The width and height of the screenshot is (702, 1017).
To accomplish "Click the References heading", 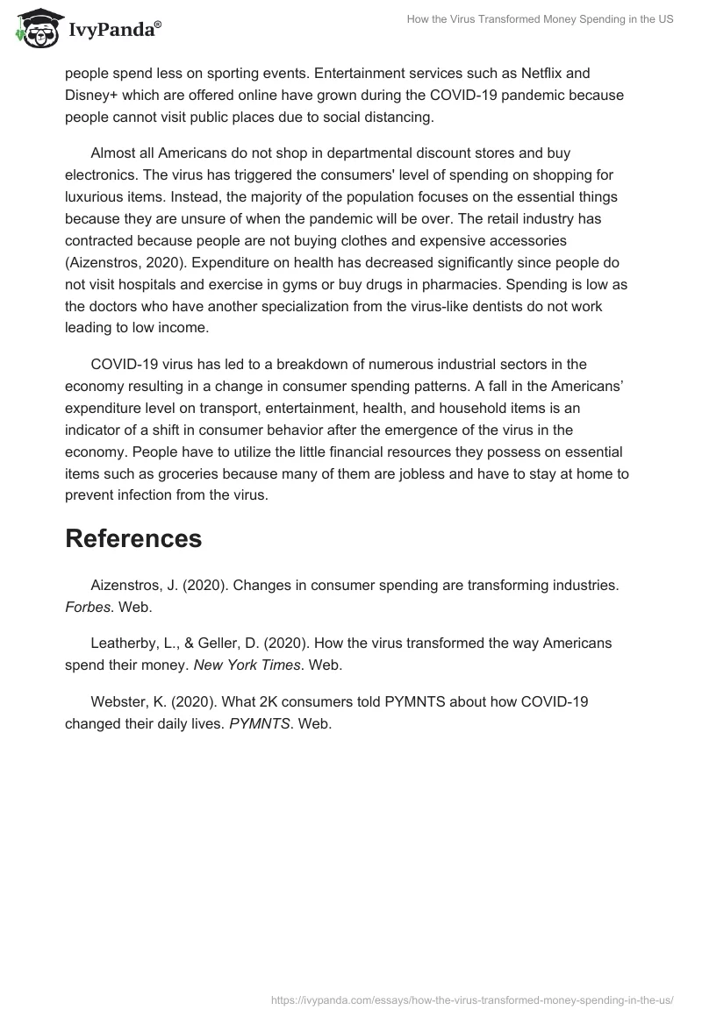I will (x=133, y=538).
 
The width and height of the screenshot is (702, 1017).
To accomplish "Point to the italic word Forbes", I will (x=87, y=606).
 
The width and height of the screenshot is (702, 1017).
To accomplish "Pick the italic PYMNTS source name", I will (x=259, y=723).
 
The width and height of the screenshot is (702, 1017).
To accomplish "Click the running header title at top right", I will (x=539, y=19).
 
